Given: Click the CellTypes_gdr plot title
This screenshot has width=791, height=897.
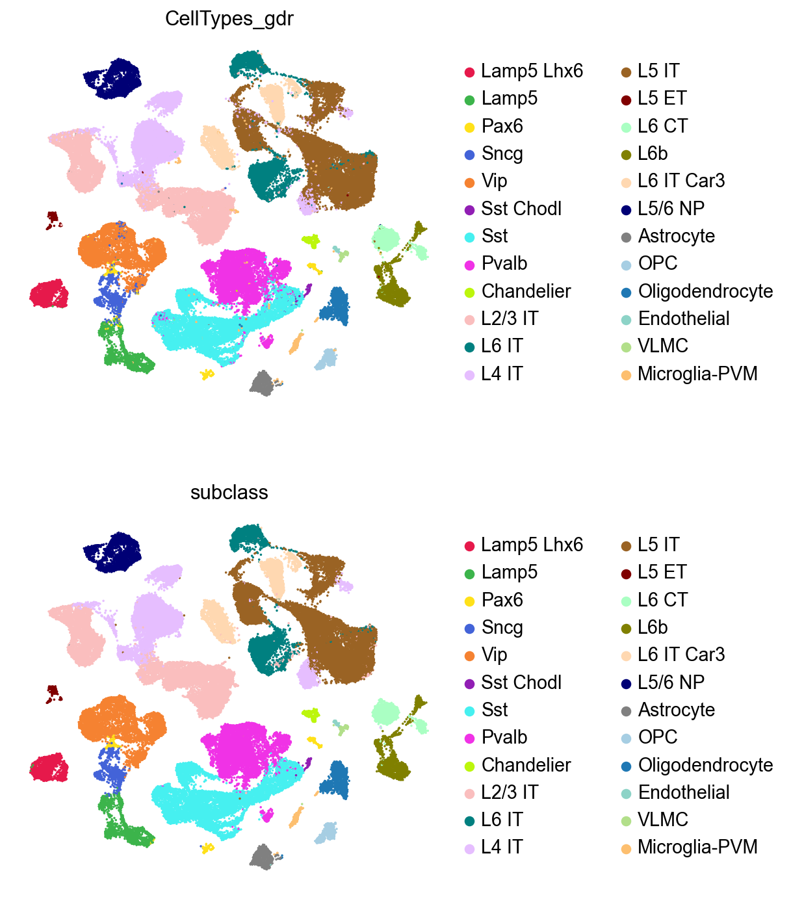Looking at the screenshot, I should pos(229,19).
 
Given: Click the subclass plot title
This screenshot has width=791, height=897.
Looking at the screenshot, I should pos(229,493).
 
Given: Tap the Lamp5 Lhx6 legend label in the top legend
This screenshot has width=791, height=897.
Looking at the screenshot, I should pos(532,71).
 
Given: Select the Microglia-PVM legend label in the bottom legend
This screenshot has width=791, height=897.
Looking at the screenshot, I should pos(697,847).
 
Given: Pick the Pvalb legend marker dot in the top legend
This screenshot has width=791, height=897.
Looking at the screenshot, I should pos(469,264).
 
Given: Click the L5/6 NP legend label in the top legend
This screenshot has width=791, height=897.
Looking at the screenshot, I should pos(671,209).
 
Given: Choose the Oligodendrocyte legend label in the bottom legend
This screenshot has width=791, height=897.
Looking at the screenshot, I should pos(705,765).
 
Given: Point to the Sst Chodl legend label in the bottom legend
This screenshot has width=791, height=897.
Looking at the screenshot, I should pos(521,682).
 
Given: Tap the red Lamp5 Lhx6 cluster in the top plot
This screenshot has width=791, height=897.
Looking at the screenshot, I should pos(48,294).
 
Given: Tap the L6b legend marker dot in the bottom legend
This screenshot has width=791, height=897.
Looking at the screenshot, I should pos(625,628).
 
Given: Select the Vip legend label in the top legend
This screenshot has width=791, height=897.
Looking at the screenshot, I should pos(494,181).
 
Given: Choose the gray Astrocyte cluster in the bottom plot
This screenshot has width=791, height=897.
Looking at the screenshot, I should pos(263,857).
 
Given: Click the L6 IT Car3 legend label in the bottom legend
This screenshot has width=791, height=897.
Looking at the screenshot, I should pos(681,655).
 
